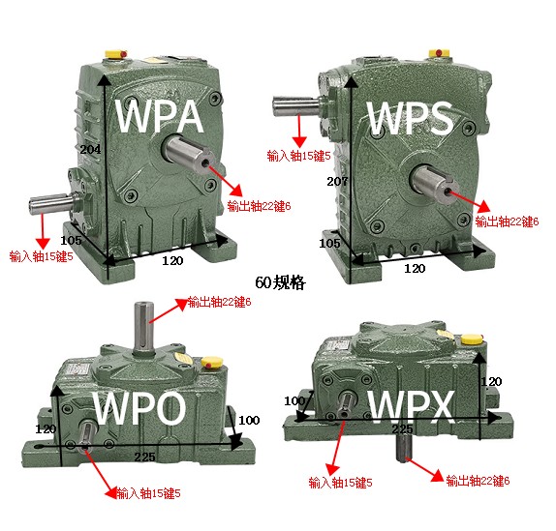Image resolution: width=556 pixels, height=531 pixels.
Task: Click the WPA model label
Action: [x=160, y=116]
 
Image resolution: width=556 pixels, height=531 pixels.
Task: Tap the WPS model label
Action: [x=411, y=118]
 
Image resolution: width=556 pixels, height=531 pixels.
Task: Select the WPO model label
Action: [x=139, y=408]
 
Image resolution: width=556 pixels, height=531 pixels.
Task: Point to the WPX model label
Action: [x=412, y=407]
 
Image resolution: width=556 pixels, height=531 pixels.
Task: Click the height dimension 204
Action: [x=90, y=149]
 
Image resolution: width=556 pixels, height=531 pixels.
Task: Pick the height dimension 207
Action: [x=337, y=182]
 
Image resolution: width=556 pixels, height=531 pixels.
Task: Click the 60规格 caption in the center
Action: [x=280, y=282]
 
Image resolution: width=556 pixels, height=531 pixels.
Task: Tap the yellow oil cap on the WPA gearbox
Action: [x=115, y=54]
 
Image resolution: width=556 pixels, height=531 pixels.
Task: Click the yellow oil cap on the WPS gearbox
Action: [x=439, y=53]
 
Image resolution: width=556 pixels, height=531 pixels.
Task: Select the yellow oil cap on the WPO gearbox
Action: [x=212, y=362]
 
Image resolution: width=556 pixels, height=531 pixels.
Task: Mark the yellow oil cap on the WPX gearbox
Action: [x=472, y=339]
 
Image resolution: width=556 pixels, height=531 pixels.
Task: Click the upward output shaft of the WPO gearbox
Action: [x=143, y=328]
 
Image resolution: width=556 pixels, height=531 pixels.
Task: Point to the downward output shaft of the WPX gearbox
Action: [x=404, y=448]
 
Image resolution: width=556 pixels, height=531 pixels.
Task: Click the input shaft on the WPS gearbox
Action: [x=296, y=105]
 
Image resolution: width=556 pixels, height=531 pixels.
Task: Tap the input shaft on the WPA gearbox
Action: [x=52, y=203]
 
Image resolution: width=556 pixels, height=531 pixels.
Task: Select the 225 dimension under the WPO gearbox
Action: [x=144, y=457]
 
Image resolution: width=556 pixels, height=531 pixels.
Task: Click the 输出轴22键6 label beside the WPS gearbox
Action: [x=507, y=221]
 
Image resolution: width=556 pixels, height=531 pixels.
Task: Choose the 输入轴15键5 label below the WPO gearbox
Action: [x=148, y=493]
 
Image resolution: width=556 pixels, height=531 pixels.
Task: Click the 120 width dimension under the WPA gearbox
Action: [x=172, y=261]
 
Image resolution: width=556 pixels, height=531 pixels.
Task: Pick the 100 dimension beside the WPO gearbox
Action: [x=249, y=420]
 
